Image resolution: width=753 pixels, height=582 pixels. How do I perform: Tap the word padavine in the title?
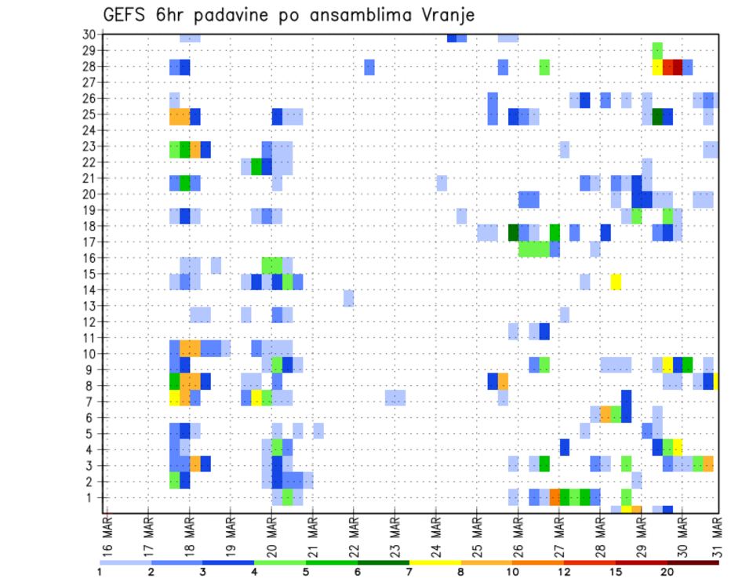click(224, 16)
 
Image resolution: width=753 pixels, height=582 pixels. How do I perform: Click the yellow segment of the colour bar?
click(435, 562)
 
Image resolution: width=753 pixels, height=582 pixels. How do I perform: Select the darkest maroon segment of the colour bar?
click(693, 562)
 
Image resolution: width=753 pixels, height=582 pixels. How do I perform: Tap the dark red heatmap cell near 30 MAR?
click(678, 67)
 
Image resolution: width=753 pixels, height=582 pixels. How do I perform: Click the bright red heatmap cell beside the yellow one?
click(668, 67)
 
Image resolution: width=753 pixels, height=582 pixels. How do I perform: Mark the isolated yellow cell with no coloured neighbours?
click(617, 282)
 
